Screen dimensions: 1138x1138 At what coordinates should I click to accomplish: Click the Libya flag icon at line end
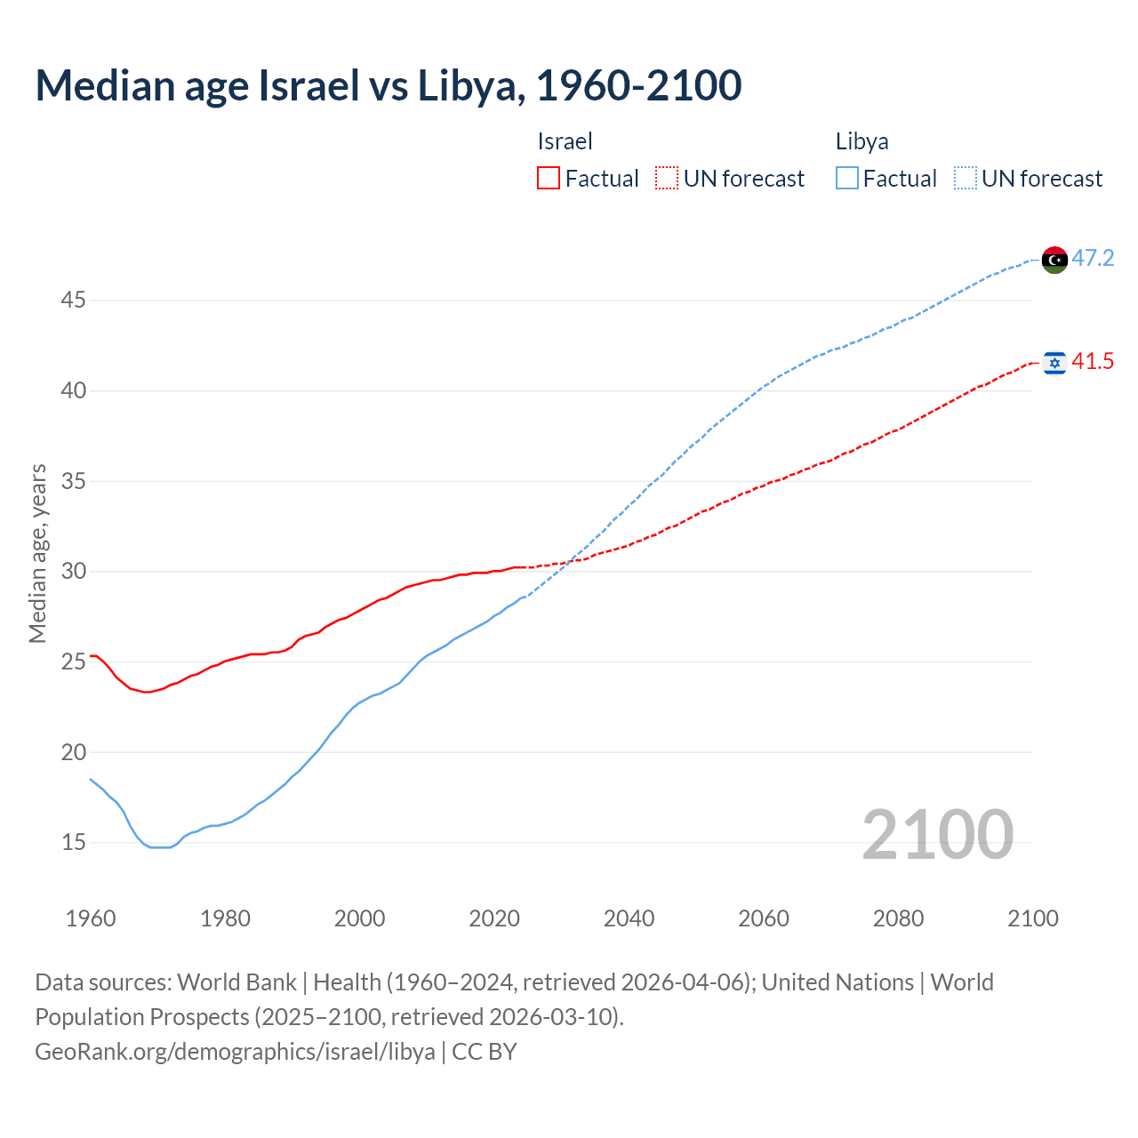[x=1054, y=260]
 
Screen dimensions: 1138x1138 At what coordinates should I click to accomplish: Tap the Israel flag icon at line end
[x=1054, y=363]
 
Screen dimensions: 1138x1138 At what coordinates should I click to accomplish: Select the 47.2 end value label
[x=1093, y=259]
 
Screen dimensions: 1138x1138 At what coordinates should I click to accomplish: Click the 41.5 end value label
[x=1093, y=362]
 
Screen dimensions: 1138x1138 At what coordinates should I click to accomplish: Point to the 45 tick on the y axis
[x=73, y=301]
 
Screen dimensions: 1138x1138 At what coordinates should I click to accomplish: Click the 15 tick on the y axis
[x=73, y=842]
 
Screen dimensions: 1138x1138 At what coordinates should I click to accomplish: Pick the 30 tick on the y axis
[x=73, y=571]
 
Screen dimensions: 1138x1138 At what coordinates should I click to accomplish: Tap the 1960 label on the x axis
[x=91, y=918]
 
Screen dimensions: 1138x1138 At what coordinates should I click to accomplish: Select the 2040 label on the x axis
[x=629, y=918]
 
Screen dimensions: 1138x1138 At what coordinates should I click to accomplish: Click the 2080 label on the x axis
[x=898, y=918]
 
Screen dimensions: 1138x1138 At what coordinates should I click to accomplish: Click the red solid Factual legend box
[x=549, y=179]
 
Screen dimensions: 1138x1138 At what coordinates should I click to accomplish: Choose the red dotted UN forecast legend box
[x=667, y=179]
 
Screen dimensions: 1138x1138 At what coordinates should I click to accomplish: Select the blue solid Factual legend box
[x=847, y=179]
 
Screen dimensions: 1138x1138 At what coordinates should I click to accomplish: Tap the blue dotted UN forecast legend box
[x=966, y=179]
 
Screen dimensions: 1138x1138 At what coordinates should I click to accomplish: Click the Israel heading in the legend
[x=565, y=141]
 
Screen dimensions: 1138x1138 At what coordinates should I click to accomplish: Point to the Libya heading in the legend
[x=862, y=141]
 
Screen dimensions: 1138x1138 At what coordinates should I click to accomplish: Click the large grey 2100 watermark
[x=937, y=835]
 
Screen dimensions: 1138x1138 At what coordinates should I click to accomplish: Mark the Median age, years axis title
[x=37, y=553]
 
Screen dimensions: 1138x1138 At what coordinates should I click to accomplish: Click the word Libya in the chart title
[x=467, y=85]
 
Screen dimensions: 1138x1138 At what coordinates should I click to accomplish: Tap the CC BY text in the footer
[x=485, y=1052]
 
